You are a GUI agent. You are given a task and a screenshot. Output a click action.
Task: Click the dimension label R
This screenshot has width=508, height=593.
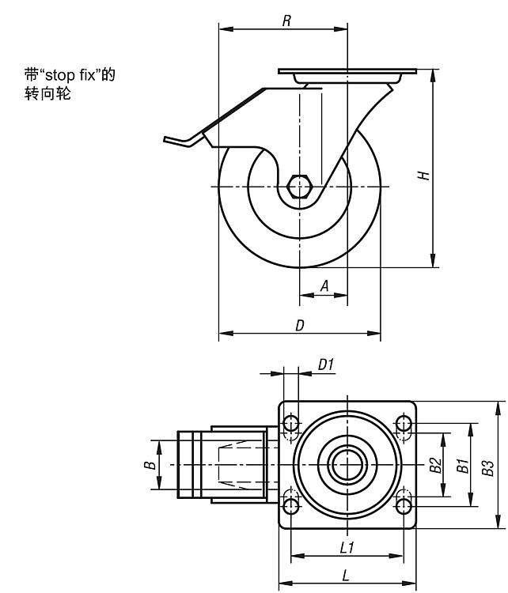point(286,20)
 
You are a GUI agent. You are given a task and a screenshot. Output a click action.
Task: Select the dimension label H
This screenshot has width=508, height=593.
point(425,175)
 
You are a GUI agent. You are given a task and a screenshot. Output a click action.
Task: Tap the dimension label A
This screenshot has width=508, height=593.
point(325,286)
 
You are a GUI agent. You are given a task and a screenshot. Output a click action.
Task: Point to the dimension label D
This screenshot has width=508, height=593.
point(300,324)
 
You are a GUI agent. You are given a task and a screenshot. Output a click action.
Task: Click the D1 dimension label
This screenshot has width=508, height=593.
point(326,364)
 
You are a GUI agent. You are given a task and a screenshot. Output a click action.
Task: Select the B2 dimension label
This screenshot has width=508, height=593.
point(435,465)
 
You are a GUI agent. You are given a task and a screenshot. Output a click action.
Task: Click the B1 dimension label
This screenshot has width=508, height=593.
point(462,465)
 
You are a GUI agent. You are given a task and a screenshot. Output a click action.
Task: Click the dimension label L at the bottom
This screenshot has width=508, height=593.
point(347,575)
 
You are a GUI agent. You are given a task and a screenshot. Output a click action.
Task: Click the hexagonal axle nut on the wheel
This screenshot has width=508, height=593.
point(301,187)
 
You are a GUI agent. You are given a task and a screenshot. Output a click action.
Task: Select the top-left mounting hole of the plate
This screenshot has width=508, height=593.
point(290,425)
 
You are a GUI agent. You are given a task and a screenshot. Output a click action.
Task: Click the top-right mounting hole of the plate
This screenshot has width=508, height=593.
point(404,425)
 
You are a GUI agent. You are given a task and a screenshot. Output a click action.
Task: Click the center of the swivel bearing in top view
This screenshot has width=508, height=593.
point(347,465)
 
